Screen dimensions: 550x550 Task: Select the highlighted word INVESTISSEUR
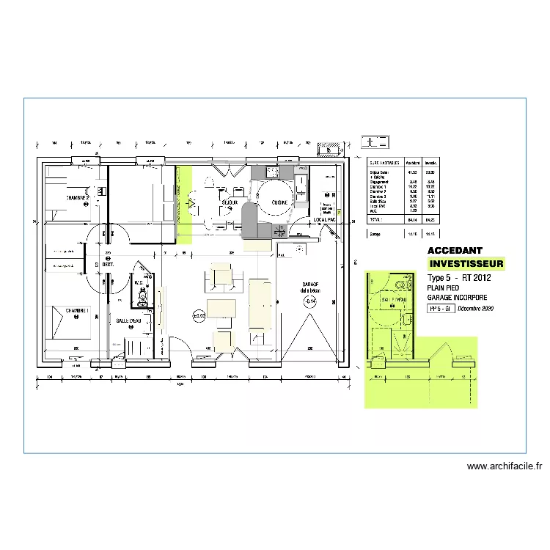(x=466, y=263)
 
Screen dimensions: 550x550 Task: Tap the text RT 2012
(x=476, y=278)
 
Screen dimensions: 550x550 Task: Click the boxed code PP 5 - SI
(x=441, y=309)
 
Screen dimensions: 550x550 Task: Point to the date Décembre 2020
(x=475, y=309)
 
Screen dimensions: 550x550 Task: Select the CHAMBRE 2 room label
(x=78, y=198)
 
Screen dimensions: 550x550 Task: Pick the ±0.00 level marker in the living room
(x=199, y=316)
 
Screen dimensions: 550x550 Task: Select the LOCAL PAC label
(x=324, y=219)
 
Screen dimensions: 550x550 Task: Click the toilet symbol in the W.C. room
(x=144, y=298)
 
